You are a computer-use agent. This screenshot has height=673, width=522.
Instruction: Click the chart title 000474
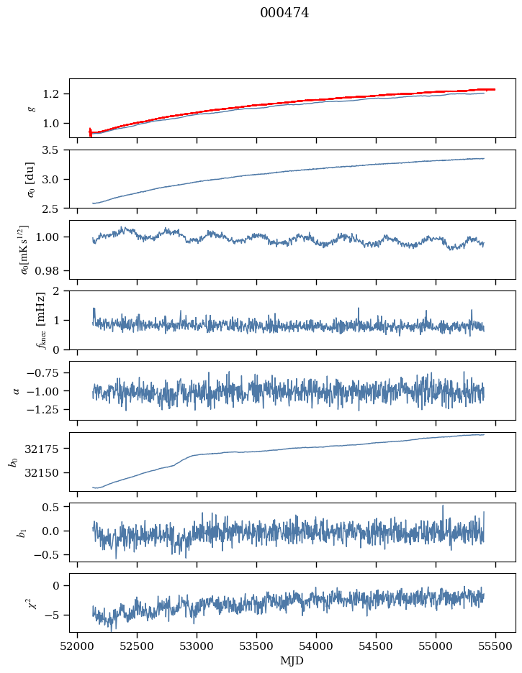284,13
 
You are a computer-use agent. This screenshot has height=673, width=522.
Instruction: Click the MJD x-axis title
292,660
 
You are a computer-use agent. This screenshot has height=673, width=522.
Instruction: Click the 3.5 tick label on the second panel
54,150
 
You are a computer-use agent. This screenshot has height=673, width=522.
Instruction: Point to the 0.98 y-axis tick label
51,271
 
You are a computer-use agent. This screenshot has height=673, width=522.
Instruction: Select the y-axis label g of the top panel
30,108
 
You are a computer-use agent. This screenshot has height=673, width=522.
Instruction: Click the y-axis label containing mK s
24,249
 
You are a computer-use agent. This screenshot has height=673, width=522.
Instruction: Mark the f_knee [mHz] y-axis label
22,320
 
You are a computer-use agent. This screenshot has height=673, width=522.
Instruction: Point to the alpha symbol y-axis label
17,390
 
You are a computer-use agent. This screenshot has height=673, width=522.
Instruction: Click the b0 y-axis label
13,462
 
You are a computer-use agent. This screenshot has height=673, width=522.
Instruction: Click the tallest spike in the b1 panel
443,505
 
